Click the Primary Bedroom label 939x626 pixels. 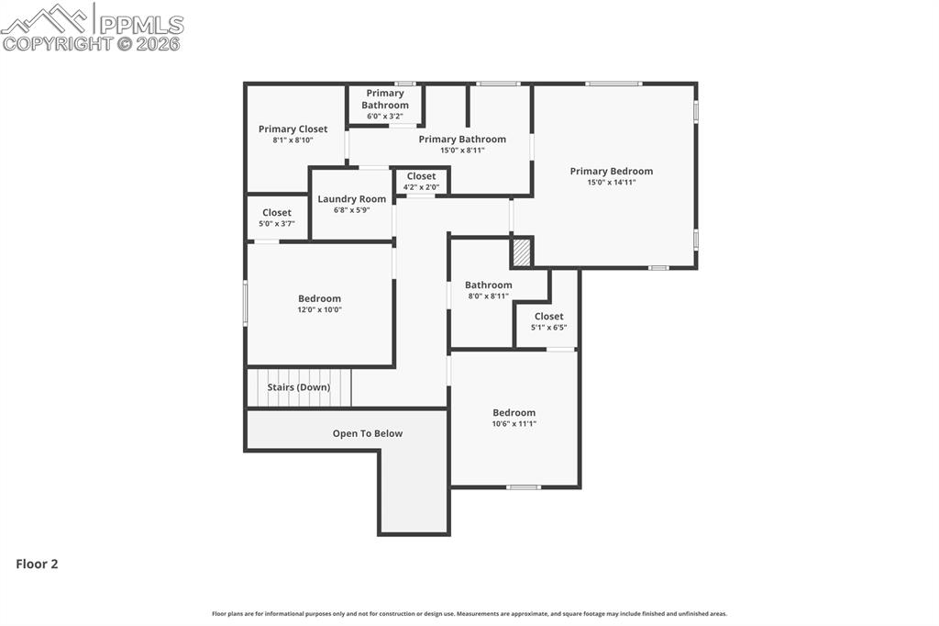(x=611, y=171)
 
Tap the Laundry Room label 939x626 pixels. (x=351, y=199)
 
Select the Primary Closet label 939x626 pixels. (x=293, y=129)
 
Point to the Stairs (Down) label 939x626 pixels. (x=299, y=387)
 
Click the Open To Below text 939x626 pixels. (x=367, y=433)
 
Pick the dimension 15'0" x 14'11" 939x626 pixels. (x=611, y=183)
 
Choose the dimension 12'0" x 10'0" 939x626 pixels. (x=319, y=310)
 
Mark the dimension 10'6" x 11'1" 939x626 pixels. (x=514, y=424)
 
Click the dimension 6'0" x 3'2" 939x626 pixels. (x=384, y=117)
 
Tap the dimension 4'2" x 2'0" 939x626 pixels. (x=421, y=187)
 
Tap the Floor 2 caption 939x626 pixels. (x=37, y=565)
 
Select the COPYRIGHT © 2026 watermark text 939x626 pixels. (x=92, y=43)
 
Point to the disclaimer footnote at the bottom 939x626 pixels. (x=469, y=614)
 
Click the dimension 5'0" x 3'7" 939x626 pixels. (x=276, y=224)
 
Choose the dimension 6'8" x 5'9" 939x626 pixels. (x=351, y=210)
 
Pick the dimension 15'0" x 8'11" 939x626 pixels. (x=462, y=151)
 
